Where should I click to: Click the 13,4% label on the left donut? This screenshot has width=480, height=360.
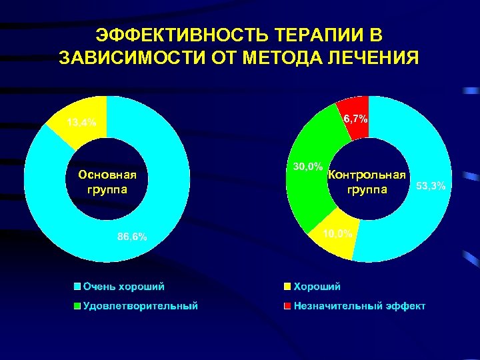81,122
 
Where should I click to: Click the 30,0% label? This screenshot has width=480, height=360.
308,165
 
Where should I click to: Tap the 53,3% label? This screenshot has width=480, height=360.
431,185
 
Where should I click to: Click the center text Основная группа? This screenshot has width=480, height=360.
107,182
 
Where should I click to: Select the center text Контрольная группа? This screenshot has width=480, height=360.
367,182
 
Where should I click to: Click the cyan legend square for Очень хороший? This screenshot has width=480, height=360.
77,287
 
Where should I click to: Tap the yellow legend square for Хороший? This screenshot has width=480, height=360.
287,287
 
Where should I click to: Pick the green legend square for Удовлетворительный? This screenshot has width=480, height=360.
77,306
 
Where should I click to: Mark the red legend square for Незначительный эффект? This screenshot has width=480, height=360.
287,306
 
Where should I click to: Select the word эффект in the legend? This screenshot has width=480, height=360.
402,306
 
